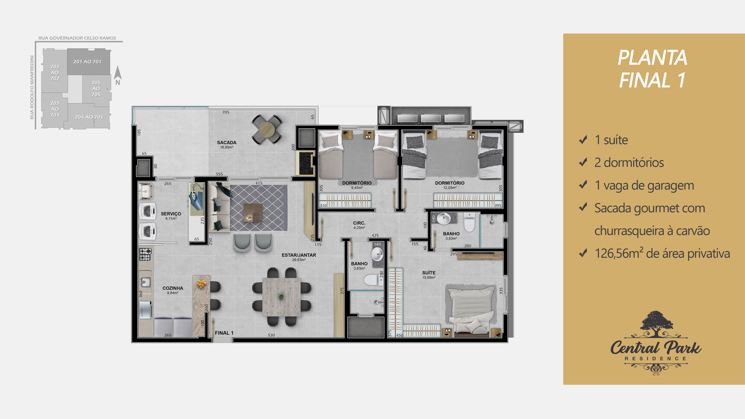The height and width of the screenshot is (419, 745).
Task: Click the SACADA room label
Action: click(227, 143)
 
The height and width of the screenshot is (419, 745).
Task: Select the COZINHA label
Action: click(173, 288)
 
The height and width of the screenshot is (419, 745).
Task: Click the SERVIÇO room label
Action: click(171, 214)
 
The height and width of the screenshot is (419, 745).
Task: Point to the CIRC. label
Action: click(359, 223)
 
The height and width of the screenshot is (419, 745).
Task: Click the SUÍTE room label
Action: click(429, 273)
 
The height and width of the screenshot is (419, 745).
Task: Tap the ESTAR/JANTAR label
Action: click(299, 255)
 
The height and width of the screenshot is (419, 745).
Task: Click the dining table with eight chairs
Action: click(281, 297)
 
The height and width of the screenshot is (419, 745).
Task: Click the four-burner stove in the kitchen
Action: click(145, 254)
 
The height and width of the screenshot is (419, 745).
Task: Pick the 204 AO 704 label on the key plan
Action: click(89, 117)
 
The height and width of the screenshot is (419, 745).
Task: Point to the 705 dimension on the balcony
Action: click(226, 112)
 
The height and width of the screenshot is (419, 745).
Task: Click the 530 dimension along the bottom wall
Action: click(271, 335)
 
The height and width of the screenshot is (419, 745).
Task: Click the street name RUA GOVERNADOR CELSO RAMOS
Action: click(77, 38)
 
